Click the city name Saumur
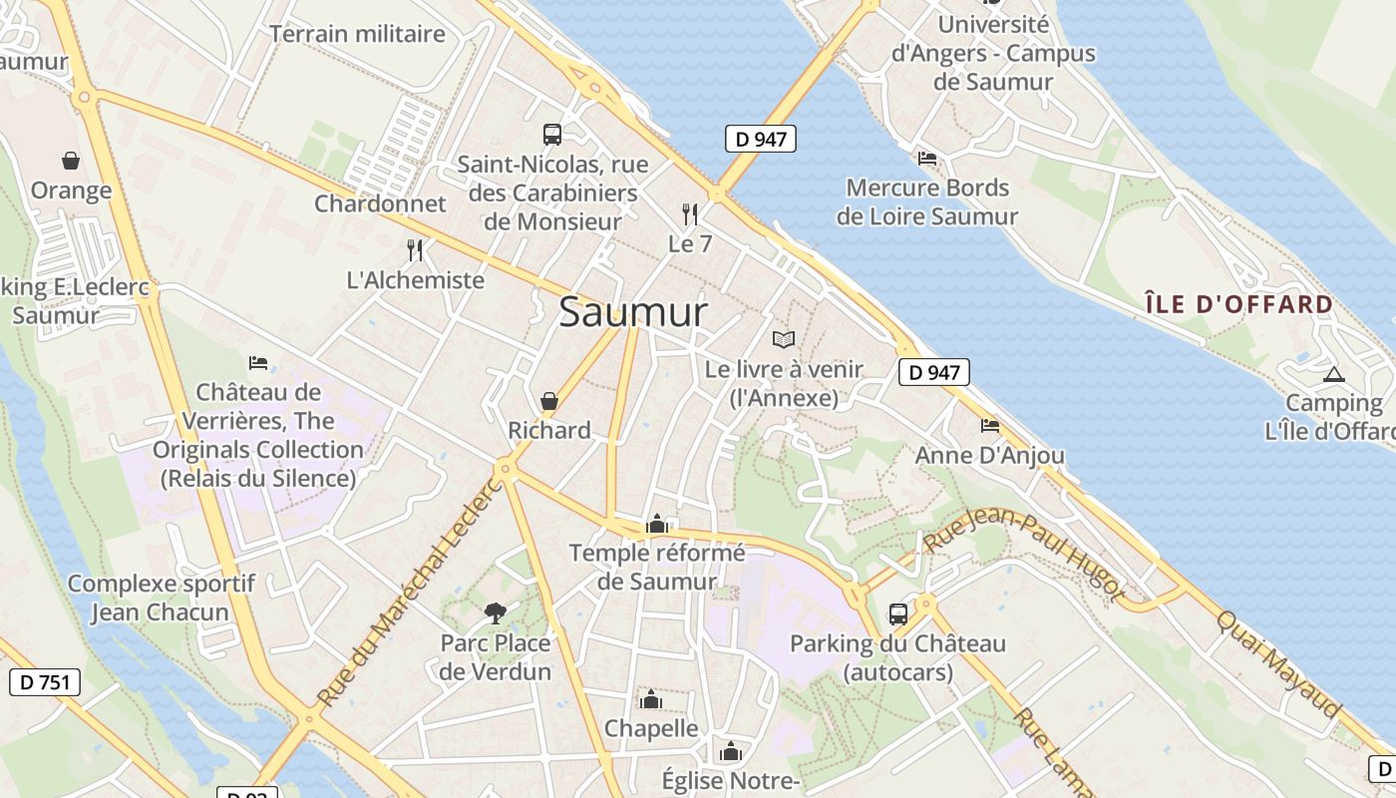click(x=633, y=312)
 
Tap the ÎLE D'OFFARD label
click(x=1238, y=304)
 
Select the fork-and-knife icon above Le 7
click(x=689, y=212)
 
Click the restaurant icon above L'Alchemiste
click(x=415, y=249)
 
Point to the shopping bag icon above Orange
click(x=71, y=160)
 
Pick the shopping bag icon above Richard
click(x=548, y=401)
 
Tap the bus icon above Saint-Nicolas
click(x=551, y=134)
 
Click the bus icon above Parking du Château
click(x=897, y=613)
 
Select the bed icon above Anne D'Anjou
click(x=989, y=426)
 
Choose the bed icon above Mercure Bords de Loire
click(x=926, y=158)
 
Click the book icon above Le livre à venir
click(x=784, y=339)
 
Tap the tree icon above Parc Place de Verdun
click(x=495, y=612)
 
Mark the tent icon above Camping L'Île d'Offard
click(x=1333, y=375)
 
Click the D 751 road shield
click(x=45, y=682)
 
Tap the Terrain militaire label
click(x=357, y=34)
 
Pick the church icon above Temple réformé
click(x=657, y=524)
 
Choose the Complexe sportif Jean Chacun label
click(x=161, y=598)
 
